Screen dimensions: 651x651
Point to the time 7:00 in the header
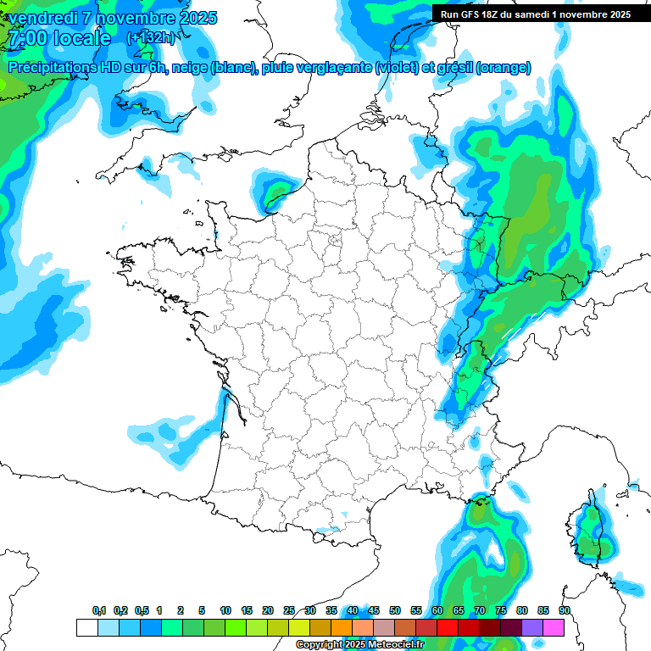click(24, 38)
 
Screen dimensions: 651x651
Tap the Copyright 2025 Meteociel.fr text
click(359, 645)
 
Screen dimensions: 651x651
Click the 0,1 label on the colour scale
click(99, 611)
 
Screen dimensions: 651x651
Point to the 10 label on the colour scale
click(225, 611)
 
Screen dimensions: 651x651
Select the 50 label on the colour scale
click(395, 611)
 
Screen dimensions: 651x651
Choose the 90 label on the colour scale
click(565, 611)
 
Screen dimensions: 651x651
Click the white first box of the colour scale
click(86, 627)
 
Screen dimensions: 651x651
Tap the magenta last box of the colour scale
click(554, 627)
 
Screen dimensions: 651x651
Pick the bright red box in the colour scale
click(448, 627)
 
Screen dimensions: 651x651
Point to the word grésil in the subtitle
click(454, 67)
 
